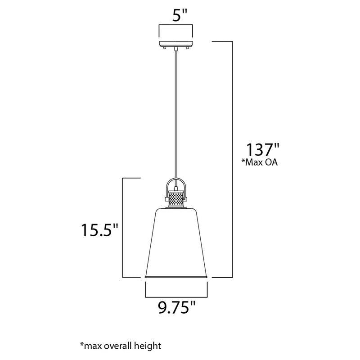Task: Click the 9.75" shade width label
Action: pos(177,309)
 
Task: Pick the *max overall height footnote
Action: pos(120,346)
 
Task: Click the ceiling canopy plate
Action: pos(176,43)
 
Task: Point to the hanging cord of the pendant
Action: pos(176,112)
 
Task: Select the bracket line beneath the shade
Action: pos(177,297)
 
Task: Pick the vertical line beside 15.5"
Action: pos(123,227)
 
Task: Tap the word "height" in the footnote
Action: pos(145,346)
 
